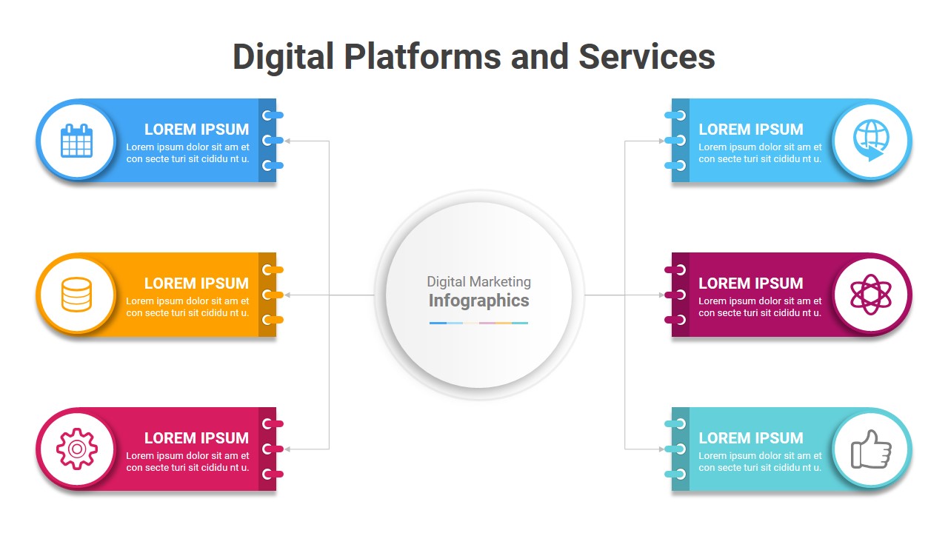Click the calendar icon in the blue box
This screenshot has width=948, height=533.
77,141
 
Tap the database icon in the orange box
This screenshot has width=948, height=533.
77,295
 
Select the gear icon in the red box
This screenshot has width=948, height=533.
77,449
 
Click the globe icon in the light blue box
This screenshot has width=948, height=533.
870,141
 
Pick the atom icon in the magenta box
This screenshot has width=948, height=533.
870,295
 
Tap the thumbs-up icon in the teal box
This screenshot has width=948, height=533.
870,449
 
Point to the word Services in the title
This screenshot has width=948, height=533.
647,57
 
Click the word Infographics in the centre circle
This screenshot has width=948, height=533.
478,301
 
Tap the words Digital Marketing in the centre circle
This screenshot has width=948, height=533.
478,281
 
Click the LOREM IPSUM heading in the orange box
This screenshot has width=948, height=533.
196,284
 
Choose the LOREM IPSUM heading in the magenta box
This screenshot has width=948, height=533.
750,284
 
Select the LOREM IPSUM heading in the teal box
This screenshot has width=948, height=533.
750,438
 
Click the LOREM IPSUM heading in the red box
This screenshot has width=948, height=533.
196,438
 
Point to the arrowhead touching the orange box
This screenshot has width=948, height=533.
287,295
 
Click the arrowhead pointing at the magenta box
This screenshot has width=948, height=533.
662,295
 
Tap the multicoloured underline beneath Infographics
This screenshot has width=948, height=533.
478,323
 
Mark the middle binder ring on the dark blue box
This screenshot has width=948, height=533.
272,140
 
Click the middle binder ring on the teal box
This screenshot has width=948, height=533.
676,449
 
